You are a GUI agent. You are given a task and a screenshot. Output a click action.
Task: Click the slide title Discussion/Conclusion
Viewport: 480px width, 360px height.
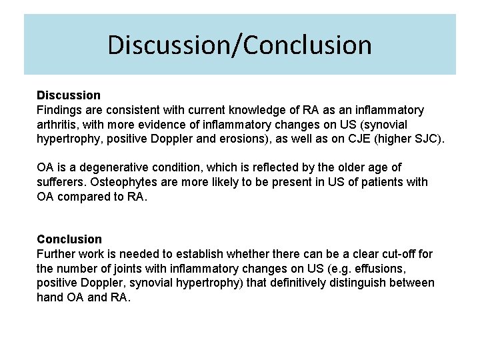pos(239,45)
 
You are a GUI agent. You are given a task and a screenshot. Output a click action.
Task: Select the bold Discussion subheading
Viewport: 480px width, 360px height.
pos(69,95)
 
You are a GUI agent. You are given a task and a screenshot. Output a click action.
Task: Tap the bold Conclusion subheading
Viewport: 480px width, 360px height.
pos(69,239)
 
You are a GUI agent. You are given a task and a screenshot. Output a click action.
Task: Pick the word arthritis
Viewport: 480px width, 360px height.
pos(59,125)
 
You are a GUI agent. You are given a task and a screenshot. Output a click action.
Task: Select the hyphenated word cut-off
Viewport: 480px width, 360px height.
pos(393,253)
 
